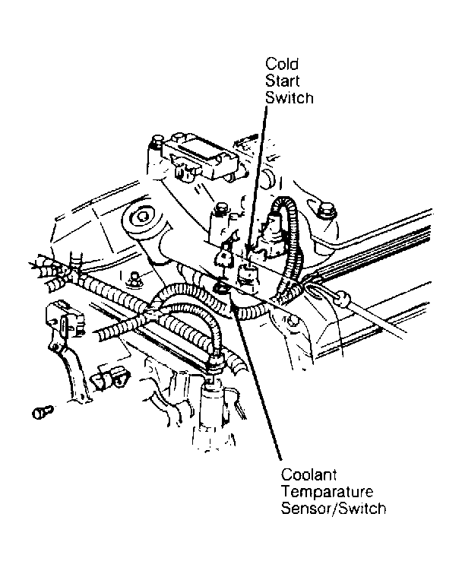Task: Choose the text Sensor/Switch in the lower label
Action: (x=333, y=509)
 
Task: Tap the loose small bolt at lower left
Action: (x=41, y=412)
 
